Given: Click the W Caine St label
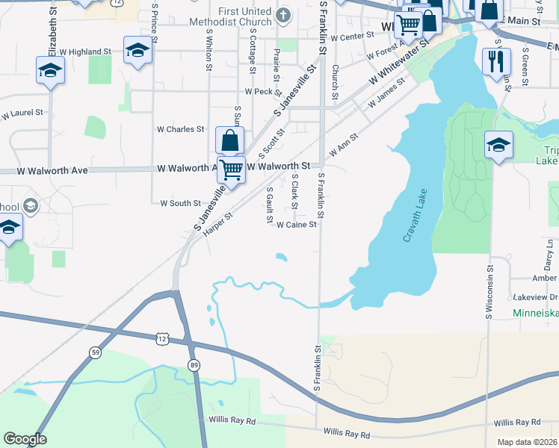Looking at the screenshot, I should (x=297, y=224).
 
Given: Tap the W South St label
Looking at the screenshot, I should (x=181, y=203).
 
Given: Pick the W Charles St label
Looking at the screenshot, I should (x=180, y=129).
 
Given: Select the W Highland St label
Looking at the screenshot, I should (x=86, y=52).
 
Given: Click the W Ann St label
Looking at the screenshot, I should (x=345, y=143).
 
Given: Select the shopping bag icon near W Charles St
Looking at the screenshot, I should (x=229, y=140).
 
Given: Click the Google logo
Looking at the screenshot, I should (x=25, y=440).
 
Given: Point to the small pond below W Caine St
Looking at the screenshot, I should (x=281, y=258).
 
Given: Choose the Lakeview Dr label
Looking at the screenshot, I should (x=534, y=296).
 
